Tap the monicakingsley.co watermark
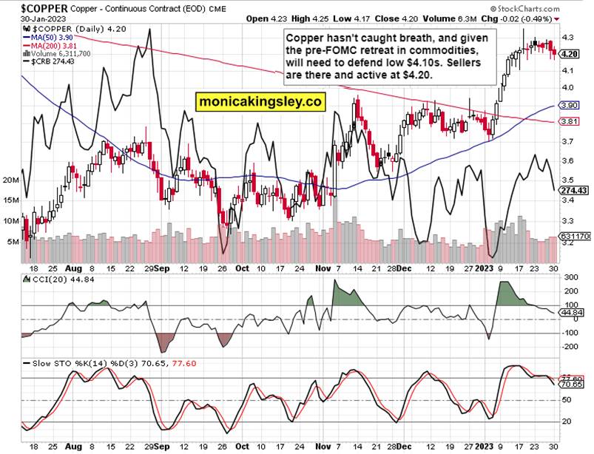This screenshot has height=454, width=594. click(259, 102)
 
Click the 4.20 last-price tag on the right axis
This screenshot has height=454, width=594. click(570, 54)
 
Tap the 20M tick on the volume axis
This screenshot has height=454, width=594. click(11, 180)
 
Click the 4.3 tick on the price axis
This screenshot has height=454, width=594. click(569, 37)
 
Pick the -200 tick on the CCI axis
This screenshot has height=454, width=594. click(571, 346)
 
